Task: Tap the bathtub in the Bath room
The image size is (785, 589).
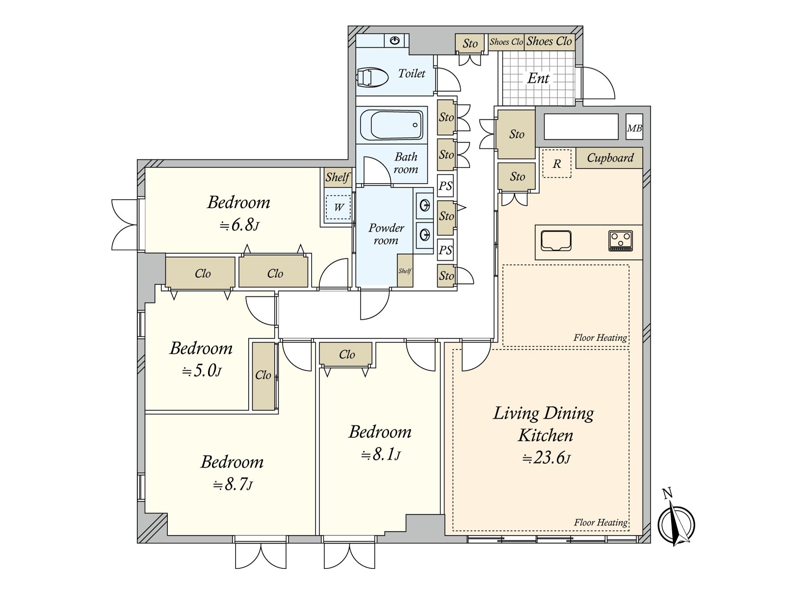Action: coord(392,125)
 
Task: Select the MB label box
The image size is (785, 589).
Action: coord(634,127)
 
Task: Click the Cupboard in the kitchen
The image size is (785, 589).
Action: coord(609,158)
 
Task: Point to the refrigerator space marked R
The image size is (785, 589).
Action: coord(556,163)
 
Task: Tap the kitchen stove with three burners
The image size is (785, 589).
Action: coord(620,241)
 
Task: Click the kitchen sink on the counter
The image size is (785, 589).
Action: coord(556,241)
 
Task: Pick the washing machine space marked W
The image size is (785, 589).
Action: coord(339,207)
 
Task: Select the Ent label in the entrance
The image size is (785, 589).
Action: coord(538,78)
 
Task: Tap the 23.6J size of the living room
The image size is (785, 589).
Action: coord(546,458)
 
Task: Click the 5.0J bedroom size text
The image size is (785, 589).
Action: coord(201,371)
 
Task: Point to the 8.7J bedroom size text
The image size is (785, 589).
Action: coord(233,484)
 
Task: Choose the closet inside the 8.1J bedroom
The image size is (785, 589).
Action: coord(345,354)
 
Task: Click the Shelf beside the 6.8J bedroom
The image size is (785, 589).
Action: coord(338,177)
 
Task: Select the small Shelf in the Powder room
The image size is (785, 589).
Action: coord(405,270)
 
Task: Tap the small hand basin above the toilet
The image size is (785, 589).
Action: coord(394,40)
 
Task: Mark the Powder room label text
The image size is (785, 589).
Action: coord(386,234)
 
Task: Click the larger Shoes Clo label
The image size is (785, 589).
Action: coord(549,41)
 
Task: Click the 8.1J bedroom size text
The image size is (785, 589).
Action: coord(381,455)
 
